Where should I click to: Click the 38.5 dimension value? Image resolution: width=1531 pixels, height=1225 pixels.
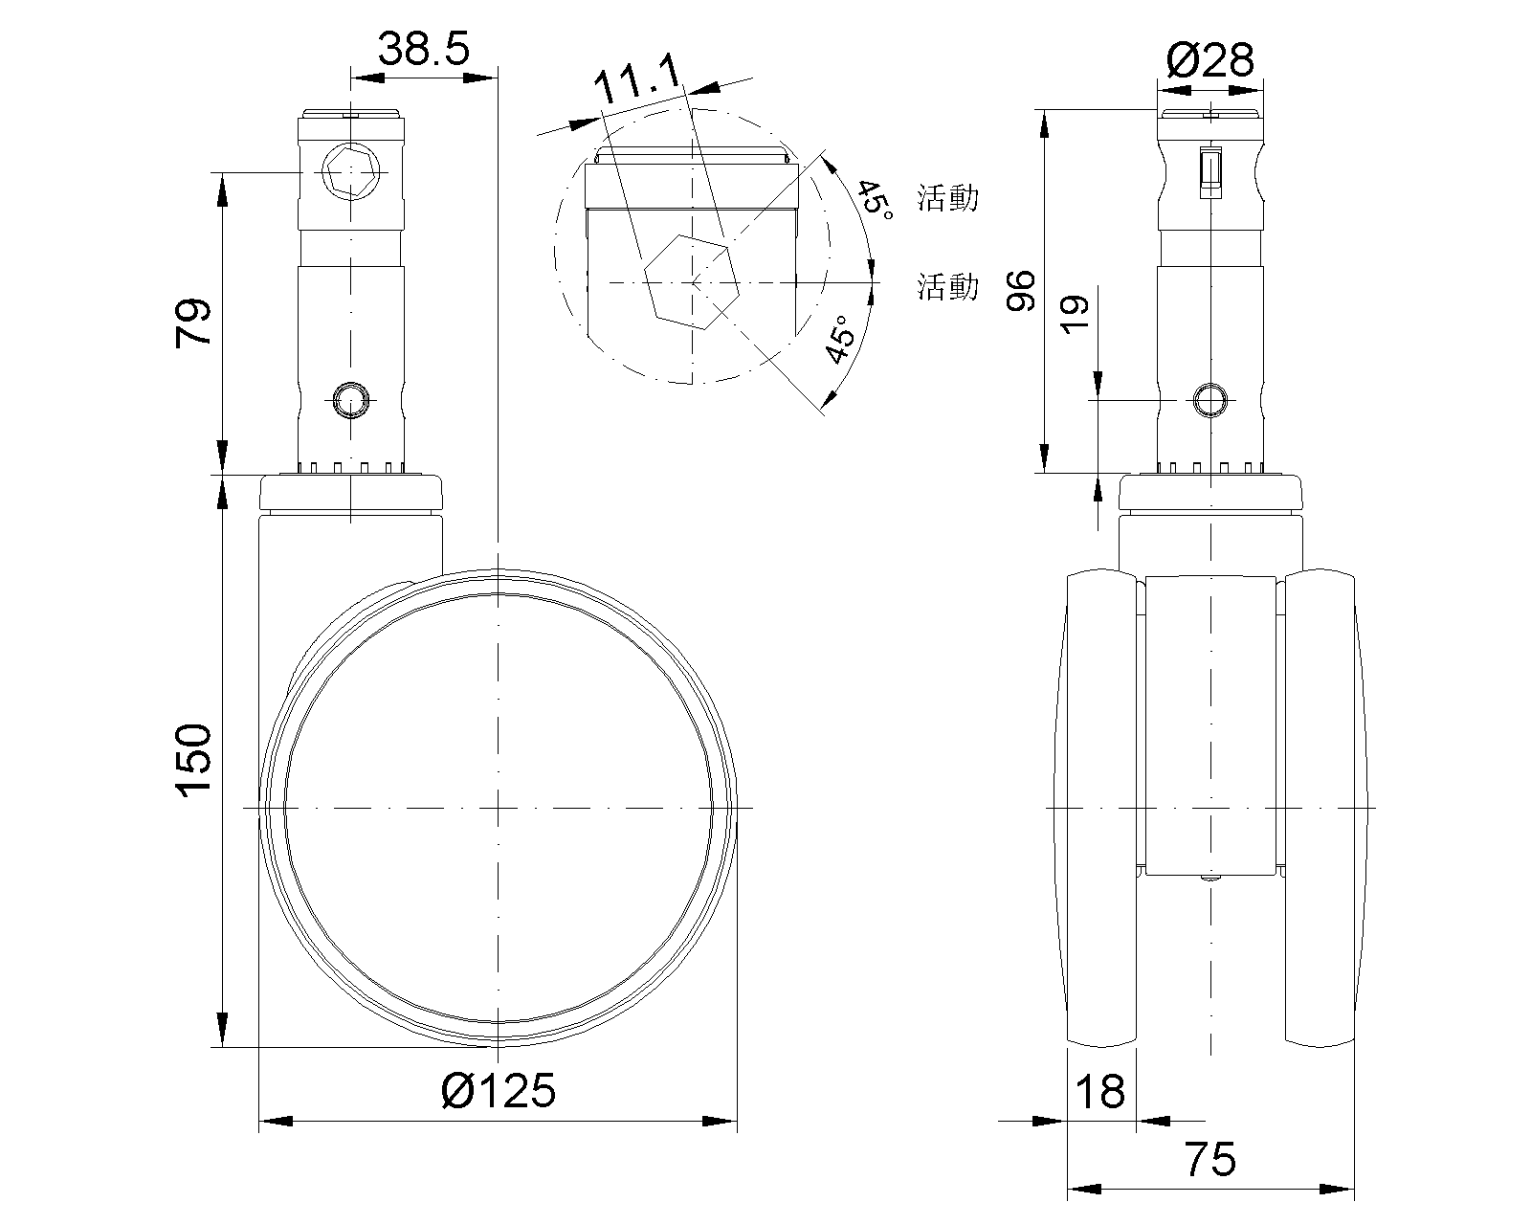click(x=423, y=50)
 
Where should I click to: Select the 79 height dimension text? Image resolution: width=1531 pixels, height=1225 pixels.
click(x=193, y=323)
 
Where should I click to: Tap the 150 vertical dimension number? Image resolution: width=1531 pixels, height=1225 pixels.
click(x=193, y=760)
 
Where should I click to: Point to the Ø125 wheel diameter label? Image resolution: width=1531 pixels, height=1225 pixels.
click(x=498, y=1090)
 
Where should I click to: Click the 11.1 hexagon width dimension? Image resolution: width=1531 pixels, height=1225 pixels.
click(x=637, y=79)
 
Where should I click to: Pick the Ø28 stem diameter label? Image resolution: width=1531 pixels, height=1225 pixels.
click(x=1210, y=59)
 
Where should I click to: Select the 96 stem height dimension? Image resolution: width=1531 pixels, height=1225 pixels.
click(x=1021, y=290)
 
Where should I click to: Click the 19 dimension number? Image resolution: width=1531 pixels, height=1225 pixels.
click(x=1075, y=314)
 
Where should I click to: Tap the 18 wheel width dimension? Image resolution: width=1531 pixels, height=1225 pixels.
click(x=1099, y=1091)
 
